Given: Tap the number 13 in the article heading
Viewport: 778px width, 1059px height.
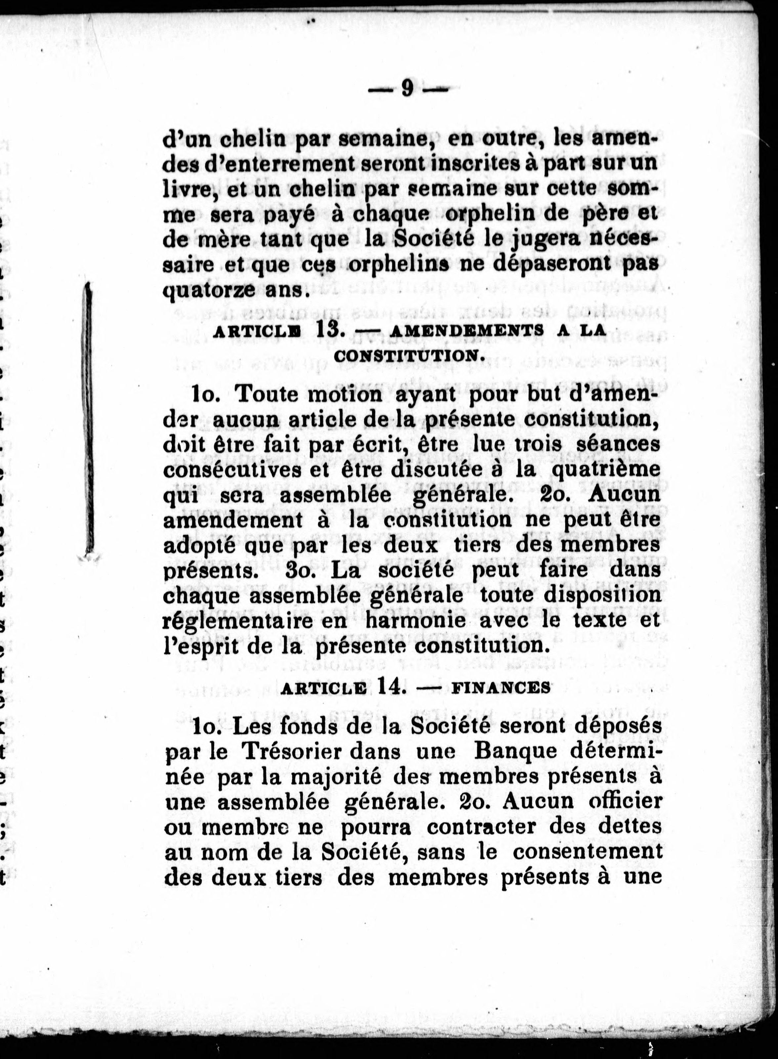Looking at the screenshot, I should [328, 329].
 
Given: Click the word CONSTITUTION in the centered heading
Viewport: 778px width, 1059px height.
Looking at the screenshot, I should [409, 357].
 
